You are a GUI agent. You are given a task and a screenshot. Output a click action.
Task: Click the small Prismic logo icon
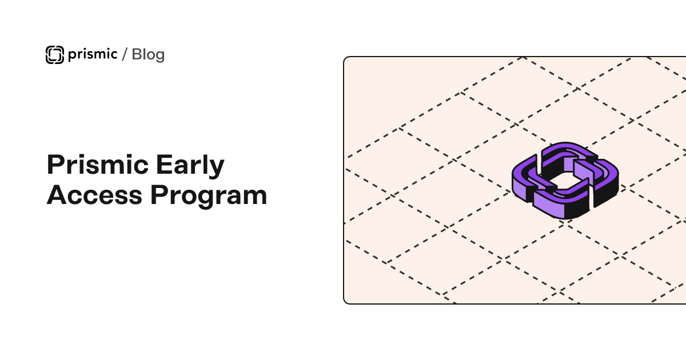[55, 55]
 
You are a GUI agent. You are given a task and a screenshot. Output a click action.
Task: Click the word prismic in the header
[93, 54]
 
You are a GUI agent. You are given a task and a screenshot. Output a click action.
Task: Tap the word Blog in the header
[148, 55]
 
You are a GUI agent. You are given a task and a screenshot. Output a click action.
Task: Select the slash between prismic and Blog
[125, 54]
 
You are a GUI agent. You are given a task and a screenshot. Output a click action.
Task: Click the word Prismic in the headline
[98, 165]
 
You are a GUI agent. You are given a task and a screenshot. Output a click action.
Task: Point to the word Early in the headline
[190, 166]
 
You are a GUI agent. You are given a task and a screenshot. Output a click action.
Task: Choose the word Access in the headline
[94, 195]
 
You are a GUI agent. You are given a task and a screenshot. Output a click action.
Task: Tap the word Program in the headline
[209, 196]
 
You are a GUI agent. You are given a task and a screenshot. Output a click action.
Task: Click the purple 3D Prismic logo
[565, 181]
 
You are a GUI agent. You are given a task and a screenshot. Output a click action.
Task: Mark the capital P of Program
[159, 195]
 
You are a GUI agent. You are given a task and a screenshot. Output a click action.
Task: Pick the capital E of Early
[164, 165]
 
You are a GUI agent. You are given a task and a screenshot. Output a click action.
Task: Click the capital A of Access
[57, 195]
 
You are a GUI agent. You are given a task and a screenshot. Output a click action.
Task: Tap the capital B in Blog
[138, 54]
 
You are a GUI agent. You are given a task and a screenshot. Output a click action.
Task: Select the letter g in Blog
[159, 57]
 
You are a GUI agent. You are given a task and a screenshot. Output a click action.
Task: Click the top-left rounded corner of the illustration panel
[345, 58]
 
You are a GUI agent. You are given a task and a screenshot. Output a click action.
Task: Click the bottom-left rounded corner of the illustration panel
[345, 302]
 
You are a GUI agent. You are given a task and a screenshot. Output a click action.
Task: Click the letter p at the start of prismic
[72, 56]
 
